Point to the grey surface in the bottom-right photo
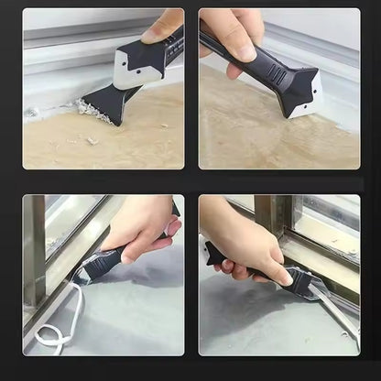(x=247, y=321)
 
